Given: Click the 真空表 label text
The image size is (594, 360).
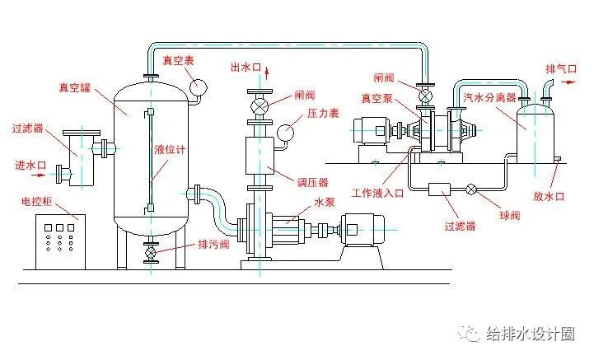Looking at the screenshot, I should pyautogui.click(x=177, y=61).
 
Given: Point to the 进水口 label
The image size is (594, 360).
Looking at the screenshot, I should pyautogui.click(x=30, y=165).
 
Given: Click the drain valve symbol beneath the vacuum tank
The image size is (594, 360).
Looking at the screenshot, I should pyautogui.click(x=151, y=250).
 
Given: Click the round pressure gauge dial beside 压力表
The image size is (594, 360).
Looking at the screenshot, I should pyautogui.click(x=287, y=132).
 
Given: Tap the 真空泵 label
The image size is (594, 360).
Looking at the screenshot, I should pyautogui.click(x=376, y=97).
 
